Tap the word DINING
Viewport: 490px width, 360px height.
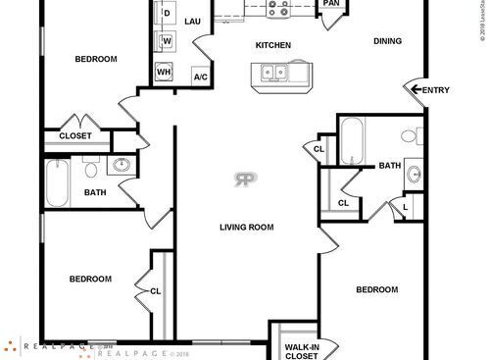[388, 41]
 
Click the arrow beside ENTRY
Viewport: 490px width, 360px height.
[416, 90]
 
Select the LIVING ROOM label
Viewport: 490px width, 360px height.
[246, 227]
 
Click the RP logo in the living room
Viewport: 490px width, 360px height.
[245, 179]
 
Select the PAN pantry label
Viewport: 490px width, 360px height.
[331, 3]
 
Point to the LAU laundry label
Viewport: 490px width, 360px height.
[192, 21]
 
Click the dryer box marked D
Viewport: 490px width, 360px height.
[166, 14]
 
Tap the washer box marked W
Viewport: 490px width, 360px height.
[166, 41]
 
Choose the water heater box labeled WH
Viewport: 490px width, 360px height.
[165, 73]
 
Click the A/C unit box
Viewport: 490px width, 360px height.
[200, 76]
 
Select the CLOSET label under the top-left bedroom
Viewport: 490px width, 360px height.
[75, 136]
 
